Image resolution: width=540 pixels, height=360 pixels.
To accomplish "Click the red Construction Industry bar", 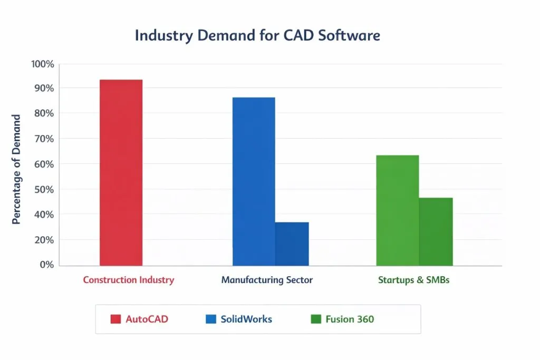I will (121, 172).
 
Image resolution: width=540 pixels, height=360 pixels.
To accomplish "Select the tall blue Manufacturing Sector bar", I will (254, 181).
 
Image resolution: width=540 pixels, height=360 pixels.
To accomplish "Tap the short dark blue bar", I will (292, 244).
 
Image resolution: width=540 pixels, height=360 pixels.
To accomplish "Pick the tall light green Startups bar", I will (397, 210).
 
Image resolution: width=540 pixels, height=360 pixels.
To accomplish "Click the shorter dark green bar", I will (436, 231).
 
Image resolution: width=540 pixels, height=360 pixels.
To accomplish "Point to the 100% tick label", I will (43, 64).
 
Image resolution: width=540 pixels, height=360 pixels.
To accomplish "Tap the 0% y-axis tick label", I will (46, 265).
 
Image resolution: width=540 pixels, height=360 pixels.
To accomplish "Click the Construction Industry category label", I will (128, 280).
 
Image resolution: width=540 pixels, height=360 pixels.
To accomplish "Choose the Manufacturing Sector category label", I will (267, 280).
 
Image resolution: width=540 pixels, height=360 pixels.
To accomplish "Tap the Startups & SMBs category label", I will (413, 280).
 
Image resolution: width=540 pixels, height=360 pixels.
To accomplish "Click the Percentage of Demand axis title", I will (16, 169).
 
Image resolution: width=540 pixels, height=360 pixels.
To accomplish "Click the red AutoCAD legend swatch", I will (115, 319).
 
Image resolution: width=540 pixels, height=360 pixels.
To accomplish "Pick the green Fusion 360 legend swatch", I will (316, 319).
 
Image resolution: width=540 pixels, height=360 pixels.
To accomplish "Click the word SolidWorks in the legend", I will (246, 319).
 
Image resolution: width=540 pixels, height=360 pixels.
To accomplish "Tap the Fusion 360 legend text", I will (350, 319).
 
